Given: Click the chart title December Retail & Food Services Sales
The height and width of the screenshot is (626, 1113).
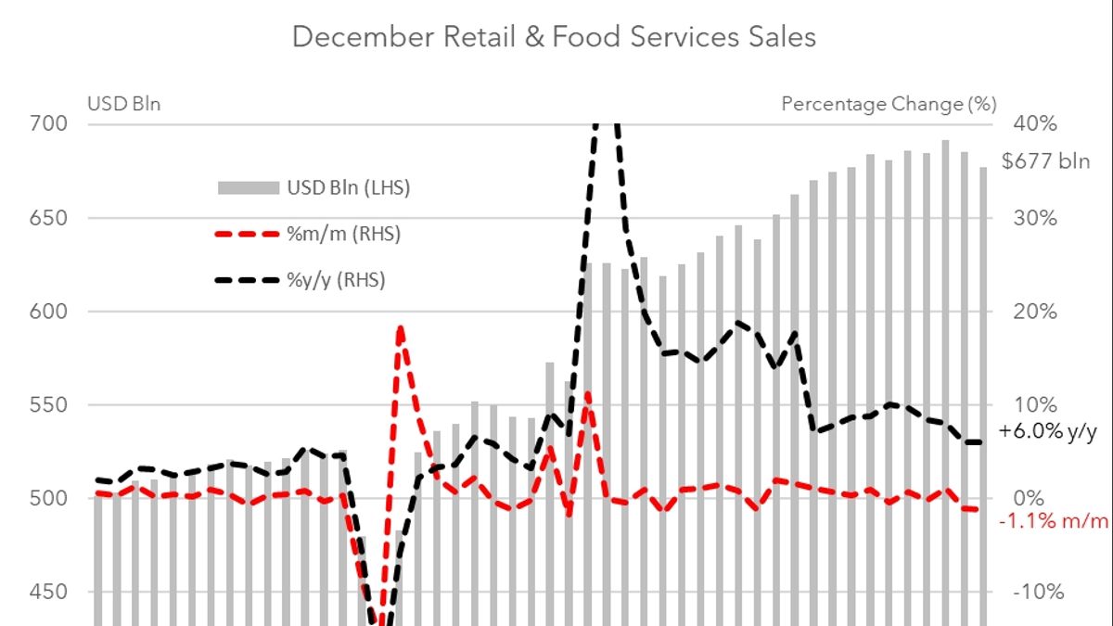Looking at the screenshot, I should click(555, 37).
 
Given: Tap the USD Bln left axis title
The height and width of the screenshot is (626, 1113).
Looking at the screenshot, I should click(124, 104).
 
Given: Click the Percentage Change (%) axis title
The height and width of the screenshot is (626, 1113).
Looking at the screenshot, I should click(889, 104).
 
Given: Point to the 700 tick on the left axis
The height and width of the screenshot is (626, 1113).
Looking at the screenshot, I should click(110, 124).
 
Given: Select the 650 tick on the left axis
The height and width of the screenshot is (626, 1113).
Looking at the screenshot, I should click(110, 218).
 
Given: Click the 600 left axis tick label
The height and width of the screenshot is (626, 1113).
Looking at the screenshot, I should click(110, 312).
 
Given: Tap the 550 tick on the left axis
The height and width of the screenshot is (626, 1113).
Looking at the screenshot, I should click(110, 405).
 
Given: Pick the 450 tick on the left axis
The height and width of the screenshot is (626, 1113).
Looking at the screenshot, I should click(110, 593).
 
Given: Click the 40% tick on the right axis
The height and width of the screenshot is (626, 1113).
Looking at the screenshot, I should click(1036, 124).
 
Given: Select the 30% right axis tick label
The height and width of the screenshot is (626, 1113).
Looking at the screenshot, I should click(1036, 218).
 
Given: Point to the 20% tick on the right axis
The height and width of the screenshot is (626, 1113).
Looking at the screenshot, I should click(1036, 312).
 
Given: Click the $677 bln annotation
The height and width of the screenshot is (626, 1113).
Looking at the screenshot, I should click(1046, 161).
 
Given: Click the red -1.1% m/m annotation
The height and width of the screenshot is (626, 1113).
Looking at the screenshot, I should click(1054, 521).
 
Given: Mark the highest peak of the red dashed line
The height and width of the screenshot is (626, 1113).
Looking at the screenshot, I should click(400, 327).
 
